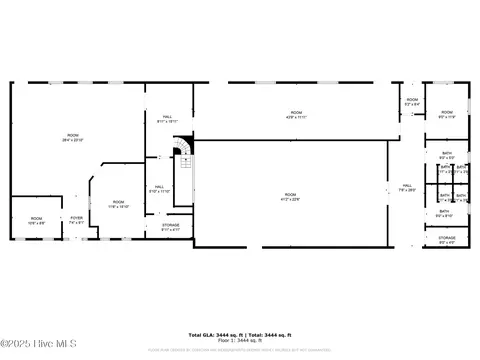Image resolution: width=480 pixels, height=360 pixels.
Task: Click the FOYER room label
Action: pyautogui.click(x=76, y=219)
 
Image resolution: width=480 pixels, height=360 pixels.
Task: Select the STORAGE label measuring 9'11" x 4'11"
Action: pyautogui.click(x=171, y=227)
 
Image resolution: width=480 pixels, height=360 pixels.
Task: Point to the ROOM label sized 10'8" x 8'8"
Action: pyautogui.click(x=36, y=220)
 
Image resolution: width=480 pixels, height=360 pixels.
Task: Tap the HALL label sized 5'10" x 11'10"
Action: pyautogui.click(x=159, y=187)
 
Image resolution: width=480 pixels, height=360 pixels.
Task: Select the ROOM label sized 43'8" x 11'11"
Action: pyautogui.click(x=295, y=114)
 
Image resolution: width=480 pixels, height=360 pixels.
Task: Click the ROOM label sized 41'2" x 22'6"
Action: pyautogui.click(x=290, y=196)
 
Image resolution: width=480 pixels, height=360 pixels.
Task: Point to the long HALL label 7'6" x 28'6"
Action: pyautogui.click(x=407, y=187)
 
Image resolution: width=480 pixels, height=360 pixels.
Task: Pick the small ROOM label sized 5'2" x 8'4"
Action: pyautogui.click(x=412, y=101)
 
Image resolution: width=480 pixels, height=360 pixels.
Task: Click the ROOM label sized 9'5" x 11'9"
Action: pyautogui.click(x=447, y=114)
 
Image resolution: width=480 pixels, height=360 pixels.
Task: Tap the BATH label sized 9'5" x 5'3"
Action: pyautogui.click(x=446, y=154)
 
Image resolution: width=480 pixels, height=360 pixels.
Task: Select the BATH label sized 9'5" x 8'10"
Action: pyautogui.click(x=444, y=212)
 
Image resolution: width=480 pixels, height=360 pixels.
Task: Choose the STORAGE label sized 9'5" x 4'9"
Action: pyautogui.click(x=446, y=239)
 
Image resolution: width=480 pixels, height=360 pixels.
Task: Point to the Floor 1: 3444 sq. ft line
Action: pyautogui.click(x=240, y=340)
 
